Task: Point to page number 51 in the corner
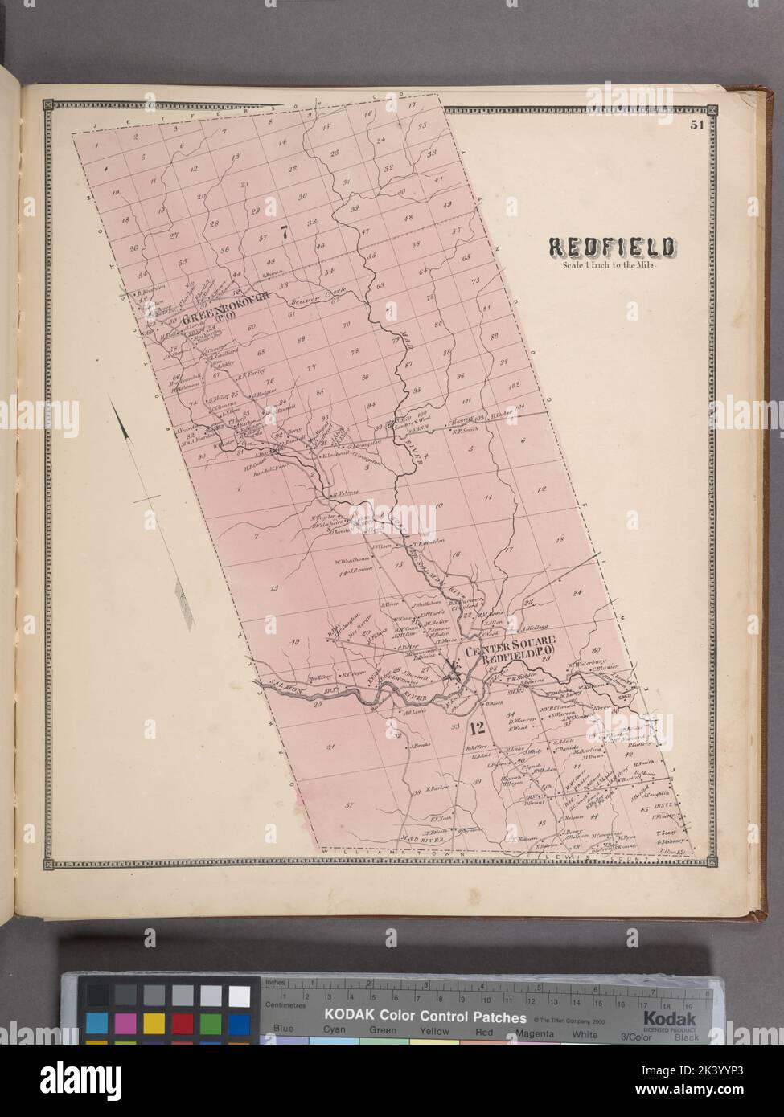(x=696, y=125)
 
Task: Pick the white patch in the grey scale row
(x=239, y=995)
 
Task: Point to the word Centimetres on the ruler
(x=288, y=1004)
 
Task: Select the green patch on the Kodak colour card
(x=211, y=1023)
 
